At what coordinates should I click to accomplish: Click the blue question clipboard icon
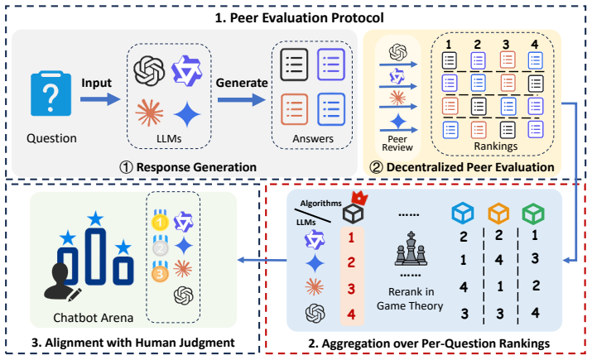click(x=51, y=94)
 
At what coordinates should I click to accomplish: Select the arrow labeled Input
click(x=100, y=99)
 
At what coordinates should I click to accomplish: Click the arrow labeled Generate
click(x=242, y=99)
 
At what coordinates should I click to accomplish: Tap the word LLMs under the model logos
click(x=169, y=138)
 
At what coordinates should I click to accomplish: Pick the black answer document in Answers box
click(x=294, y=65)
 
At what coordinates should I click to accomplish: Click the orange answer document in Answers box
click(x=294, y=109)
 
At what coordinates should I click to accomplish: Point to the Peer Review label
click(x=397, y=143)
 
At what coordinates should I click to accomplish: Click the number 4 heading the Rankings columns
click(x=535, y=45)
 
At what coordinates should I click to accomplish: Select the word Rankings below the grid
click(x=495, y=146)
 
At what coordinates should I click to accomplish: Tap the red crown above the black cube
click(x=359, y=198)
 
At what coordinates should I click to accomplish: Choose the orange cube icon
click(x=498, y=214)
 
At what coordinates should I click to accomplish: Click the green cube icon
click(x=533, y=214)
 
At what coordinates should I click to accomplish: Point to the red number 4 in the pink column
click(x=351, y=314)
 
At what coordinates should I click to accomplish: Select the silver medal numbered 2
click(x=160, y=247)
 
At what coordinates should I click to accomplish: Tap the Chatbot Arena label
click(x=93, y=318)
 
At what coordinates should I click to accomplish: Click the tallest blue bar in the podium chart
click(x=95, y=257)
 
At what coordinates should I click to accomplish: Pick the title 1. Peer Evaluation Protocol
click(x=300, y=17)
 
